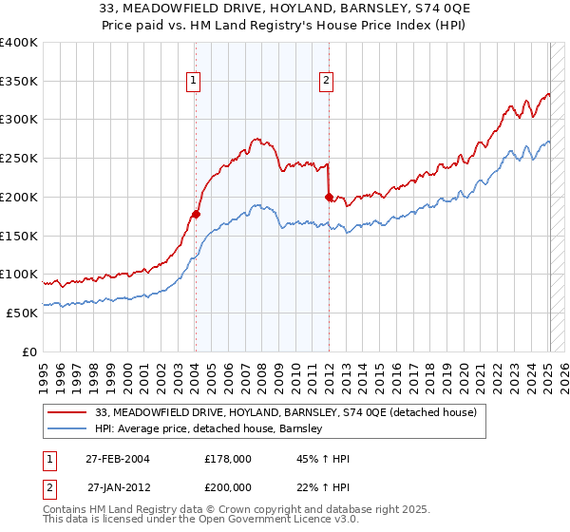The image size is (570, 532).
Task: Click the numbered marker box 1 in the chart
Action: click(194, 82)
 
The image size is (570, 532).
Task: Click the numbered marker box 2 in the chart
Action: click(327, 82)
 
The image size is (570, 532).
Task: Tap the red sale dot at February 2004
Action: click(196, 214)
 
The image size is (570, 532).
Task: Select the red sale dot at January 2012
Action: click(329, 197)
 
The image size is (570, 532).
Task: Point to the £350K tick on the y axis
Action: click(19, 81)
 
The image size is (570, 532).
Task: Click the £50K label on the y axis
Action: click(23, 313)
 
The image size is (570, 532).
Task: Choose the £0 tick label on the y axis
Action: click(29, 351)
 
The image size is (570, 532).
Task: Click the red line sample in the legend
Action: click(68, 412)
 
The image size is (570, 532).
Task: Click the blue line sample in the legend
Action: click(68, 429)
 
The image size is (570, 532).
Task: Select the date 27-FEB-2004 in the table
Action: click(118, 458)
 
